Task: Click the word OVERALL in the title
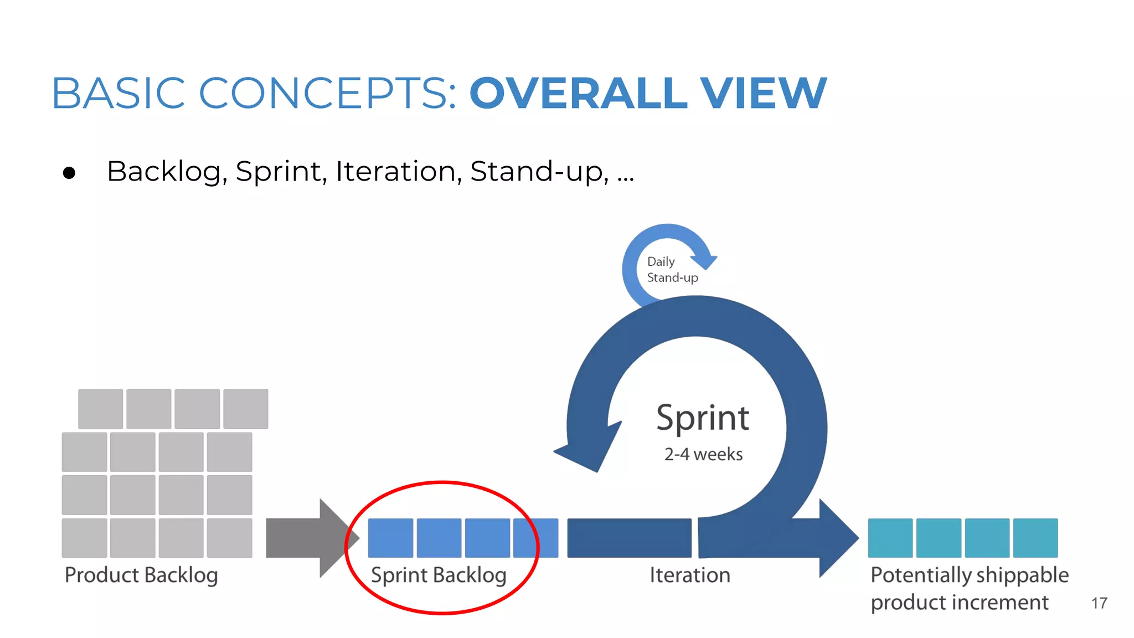click(x=579, y=93)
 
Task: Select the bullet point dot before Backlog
click(x=69, y=173)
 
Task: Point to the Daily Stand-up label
click(x=672, y=269)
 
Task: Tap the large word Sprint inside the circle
click(x=702, y=418)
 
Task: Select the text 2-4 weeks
click(x=703, y=454)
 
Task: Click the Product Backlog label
click(x=141, y=575)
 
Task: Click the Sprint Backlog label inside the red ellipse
click(x=439, y=575)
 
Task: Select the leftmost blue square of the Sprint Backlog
click(x=390, y=538)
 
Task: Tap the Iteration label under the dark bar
click(x=689, y=575)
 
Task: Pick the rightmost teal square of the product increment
click(x=1035, y=538)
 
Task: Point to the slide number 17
click(x=1099, y=603)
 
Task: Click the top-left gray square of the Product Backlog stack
click(x=100, y=409)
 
